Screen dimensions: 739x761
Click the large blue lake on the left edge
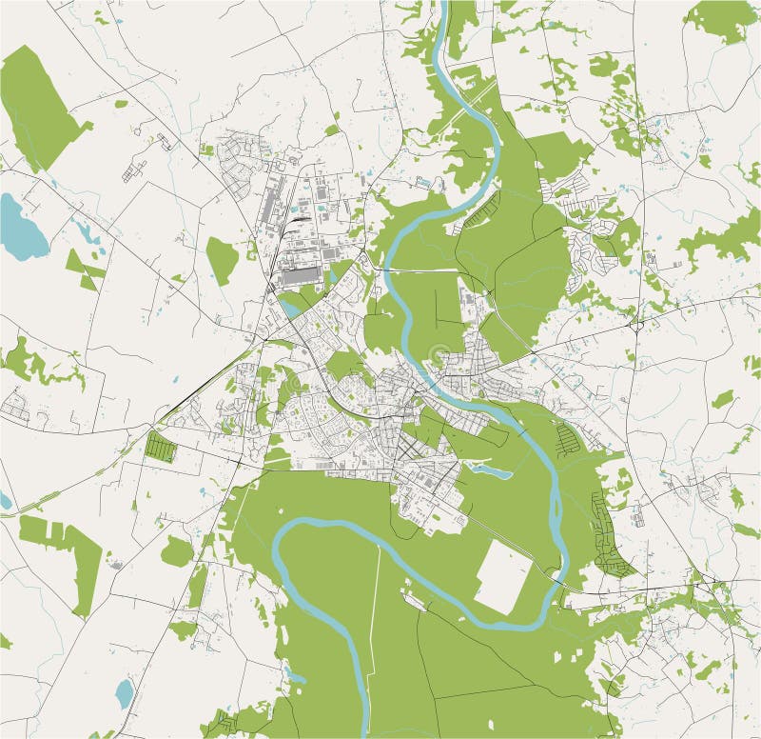pyautogui.click(x=21, y=227)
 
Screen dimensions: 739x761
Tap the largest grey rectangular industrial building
pyautogui.click(x=302, y=277)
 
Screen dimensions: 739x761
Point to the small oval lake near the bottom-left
pyautogui.click(x=124, y=693)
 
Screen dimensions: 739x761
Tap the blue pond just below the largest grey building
pyautogui.click(x=291, y=307)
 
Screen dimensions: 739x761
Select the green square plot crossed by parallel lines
pyautogui.click(x=161, y=447)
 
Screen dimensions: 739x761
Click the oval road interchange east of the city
pyautogui.click(x=634, y=325)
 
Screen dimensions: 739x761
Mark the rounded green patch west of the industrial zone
pyautogui.click(x=222, y=260)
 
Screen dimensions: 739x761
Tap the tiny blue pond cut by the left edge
pyautogui.click(x=4, y=500)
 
